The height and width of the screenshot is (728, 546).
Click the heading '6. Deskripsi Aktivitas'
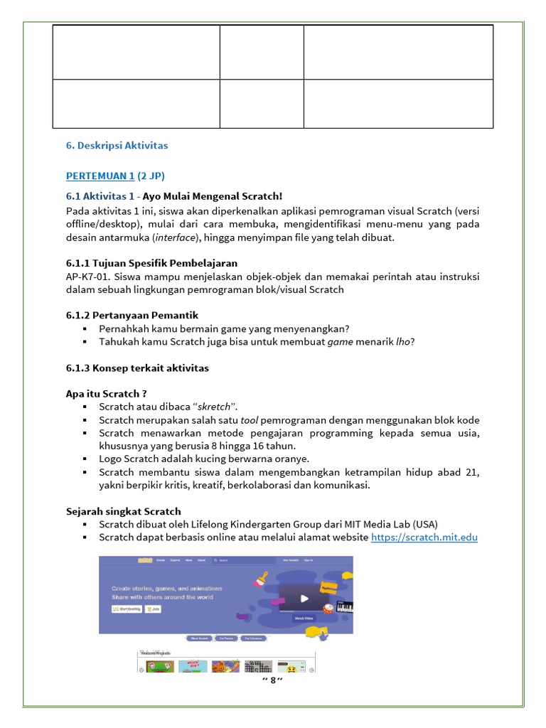coord(117,145)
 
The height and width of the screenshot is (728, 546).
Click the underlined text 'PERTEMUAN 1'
coord(100,176)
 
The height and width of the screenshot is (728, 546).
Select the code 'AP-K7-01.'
coord(89,277)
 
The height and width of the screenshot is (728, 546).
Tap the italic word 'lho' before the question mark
coord(402,342)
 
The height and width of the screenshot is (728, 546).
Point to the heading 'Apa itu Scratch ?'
coord(107,393)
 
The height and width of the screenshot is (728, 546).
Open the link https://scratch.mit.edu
coord(424,537)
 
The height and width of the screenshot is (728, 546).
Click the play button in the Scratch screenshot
coord(304,598)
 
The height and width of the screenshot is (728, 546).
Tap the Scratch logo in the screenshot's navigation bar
coord(146,561)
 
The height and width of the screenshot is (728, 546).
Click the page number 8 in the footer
coord(272,681)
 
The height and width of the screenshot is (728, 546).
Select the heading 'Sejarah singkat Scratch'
coord(123,511)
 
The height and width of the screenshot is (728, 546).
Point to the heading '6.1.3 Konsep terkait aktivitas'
coord(137,368)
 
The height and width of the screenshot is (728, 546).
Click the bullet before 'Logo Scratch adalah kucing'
coord(85,459)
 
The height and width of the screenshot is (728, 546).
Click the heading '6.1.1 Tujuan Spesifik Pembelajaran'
coord(151,264)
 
